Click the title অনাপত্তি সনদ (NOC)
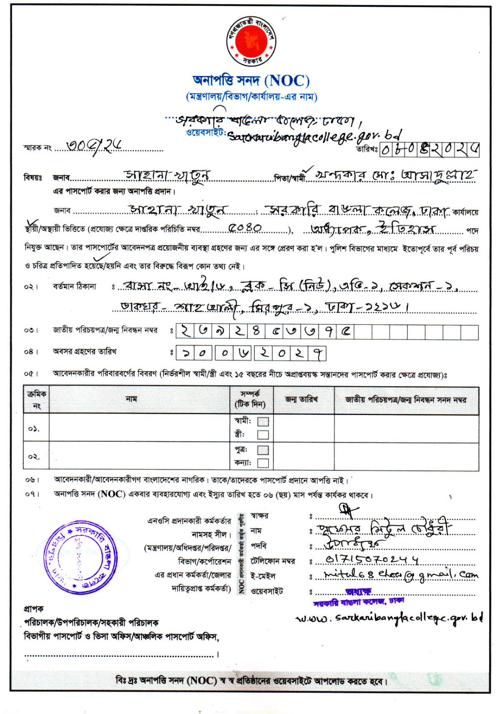[251, 81]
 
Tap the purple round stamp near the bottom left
[79, 558]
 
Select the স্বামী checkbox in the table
[263, 422]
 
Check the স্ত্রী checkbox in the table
[263, 435]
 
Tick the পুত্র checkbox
[263, 450]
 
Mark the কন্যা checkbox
[263, 463]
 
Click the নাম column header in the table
[131, 399]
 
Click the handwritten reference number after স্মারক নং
[94, 145]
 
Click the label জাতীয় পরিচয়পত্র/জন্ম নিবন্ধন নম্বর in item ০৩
[105, 330]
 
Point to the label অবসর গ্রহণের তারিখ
[85, 352]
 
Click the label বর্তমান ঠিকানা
[75, 286]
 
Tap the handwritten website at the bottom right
[389, 619]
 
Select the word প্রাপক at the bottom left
[33, 609]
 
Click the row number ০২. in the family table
[34, 457]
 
